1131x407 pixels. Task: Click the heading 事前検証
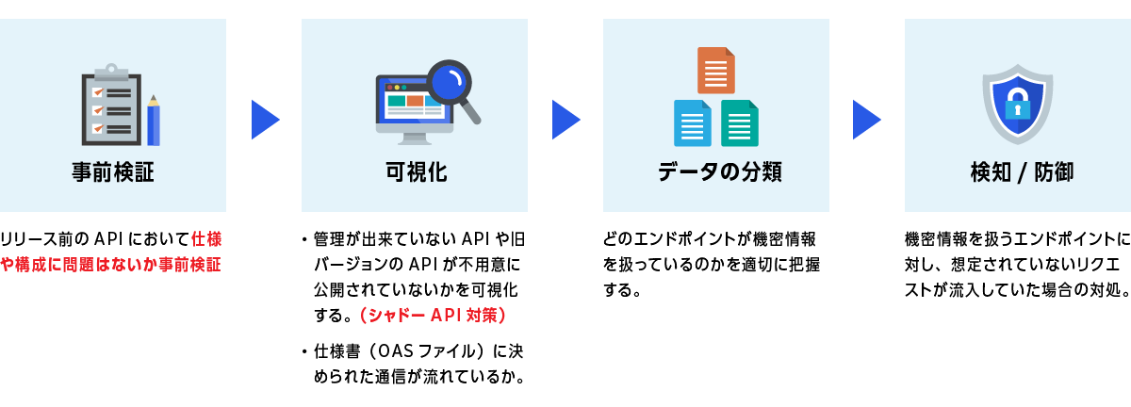pos(112,173)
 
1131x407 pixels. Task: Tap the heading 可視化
pos(415,173)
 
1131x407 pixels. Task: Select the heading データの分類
pos(716,173)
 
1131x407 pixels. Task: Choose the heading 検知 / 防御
pos(1017,173)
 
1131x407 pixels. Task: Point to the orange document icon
pos(716,71)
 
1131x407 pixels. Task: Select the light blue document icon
pos(693,122)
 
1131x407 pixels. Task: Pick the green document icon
pos(740,122)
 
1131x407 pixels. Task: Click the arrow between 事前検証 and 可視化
pos(265,119)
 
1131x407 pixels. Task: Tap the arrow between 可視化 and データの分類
pos(565,119)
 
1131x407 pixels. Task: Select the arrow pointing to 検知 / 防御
pos(867,119)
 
